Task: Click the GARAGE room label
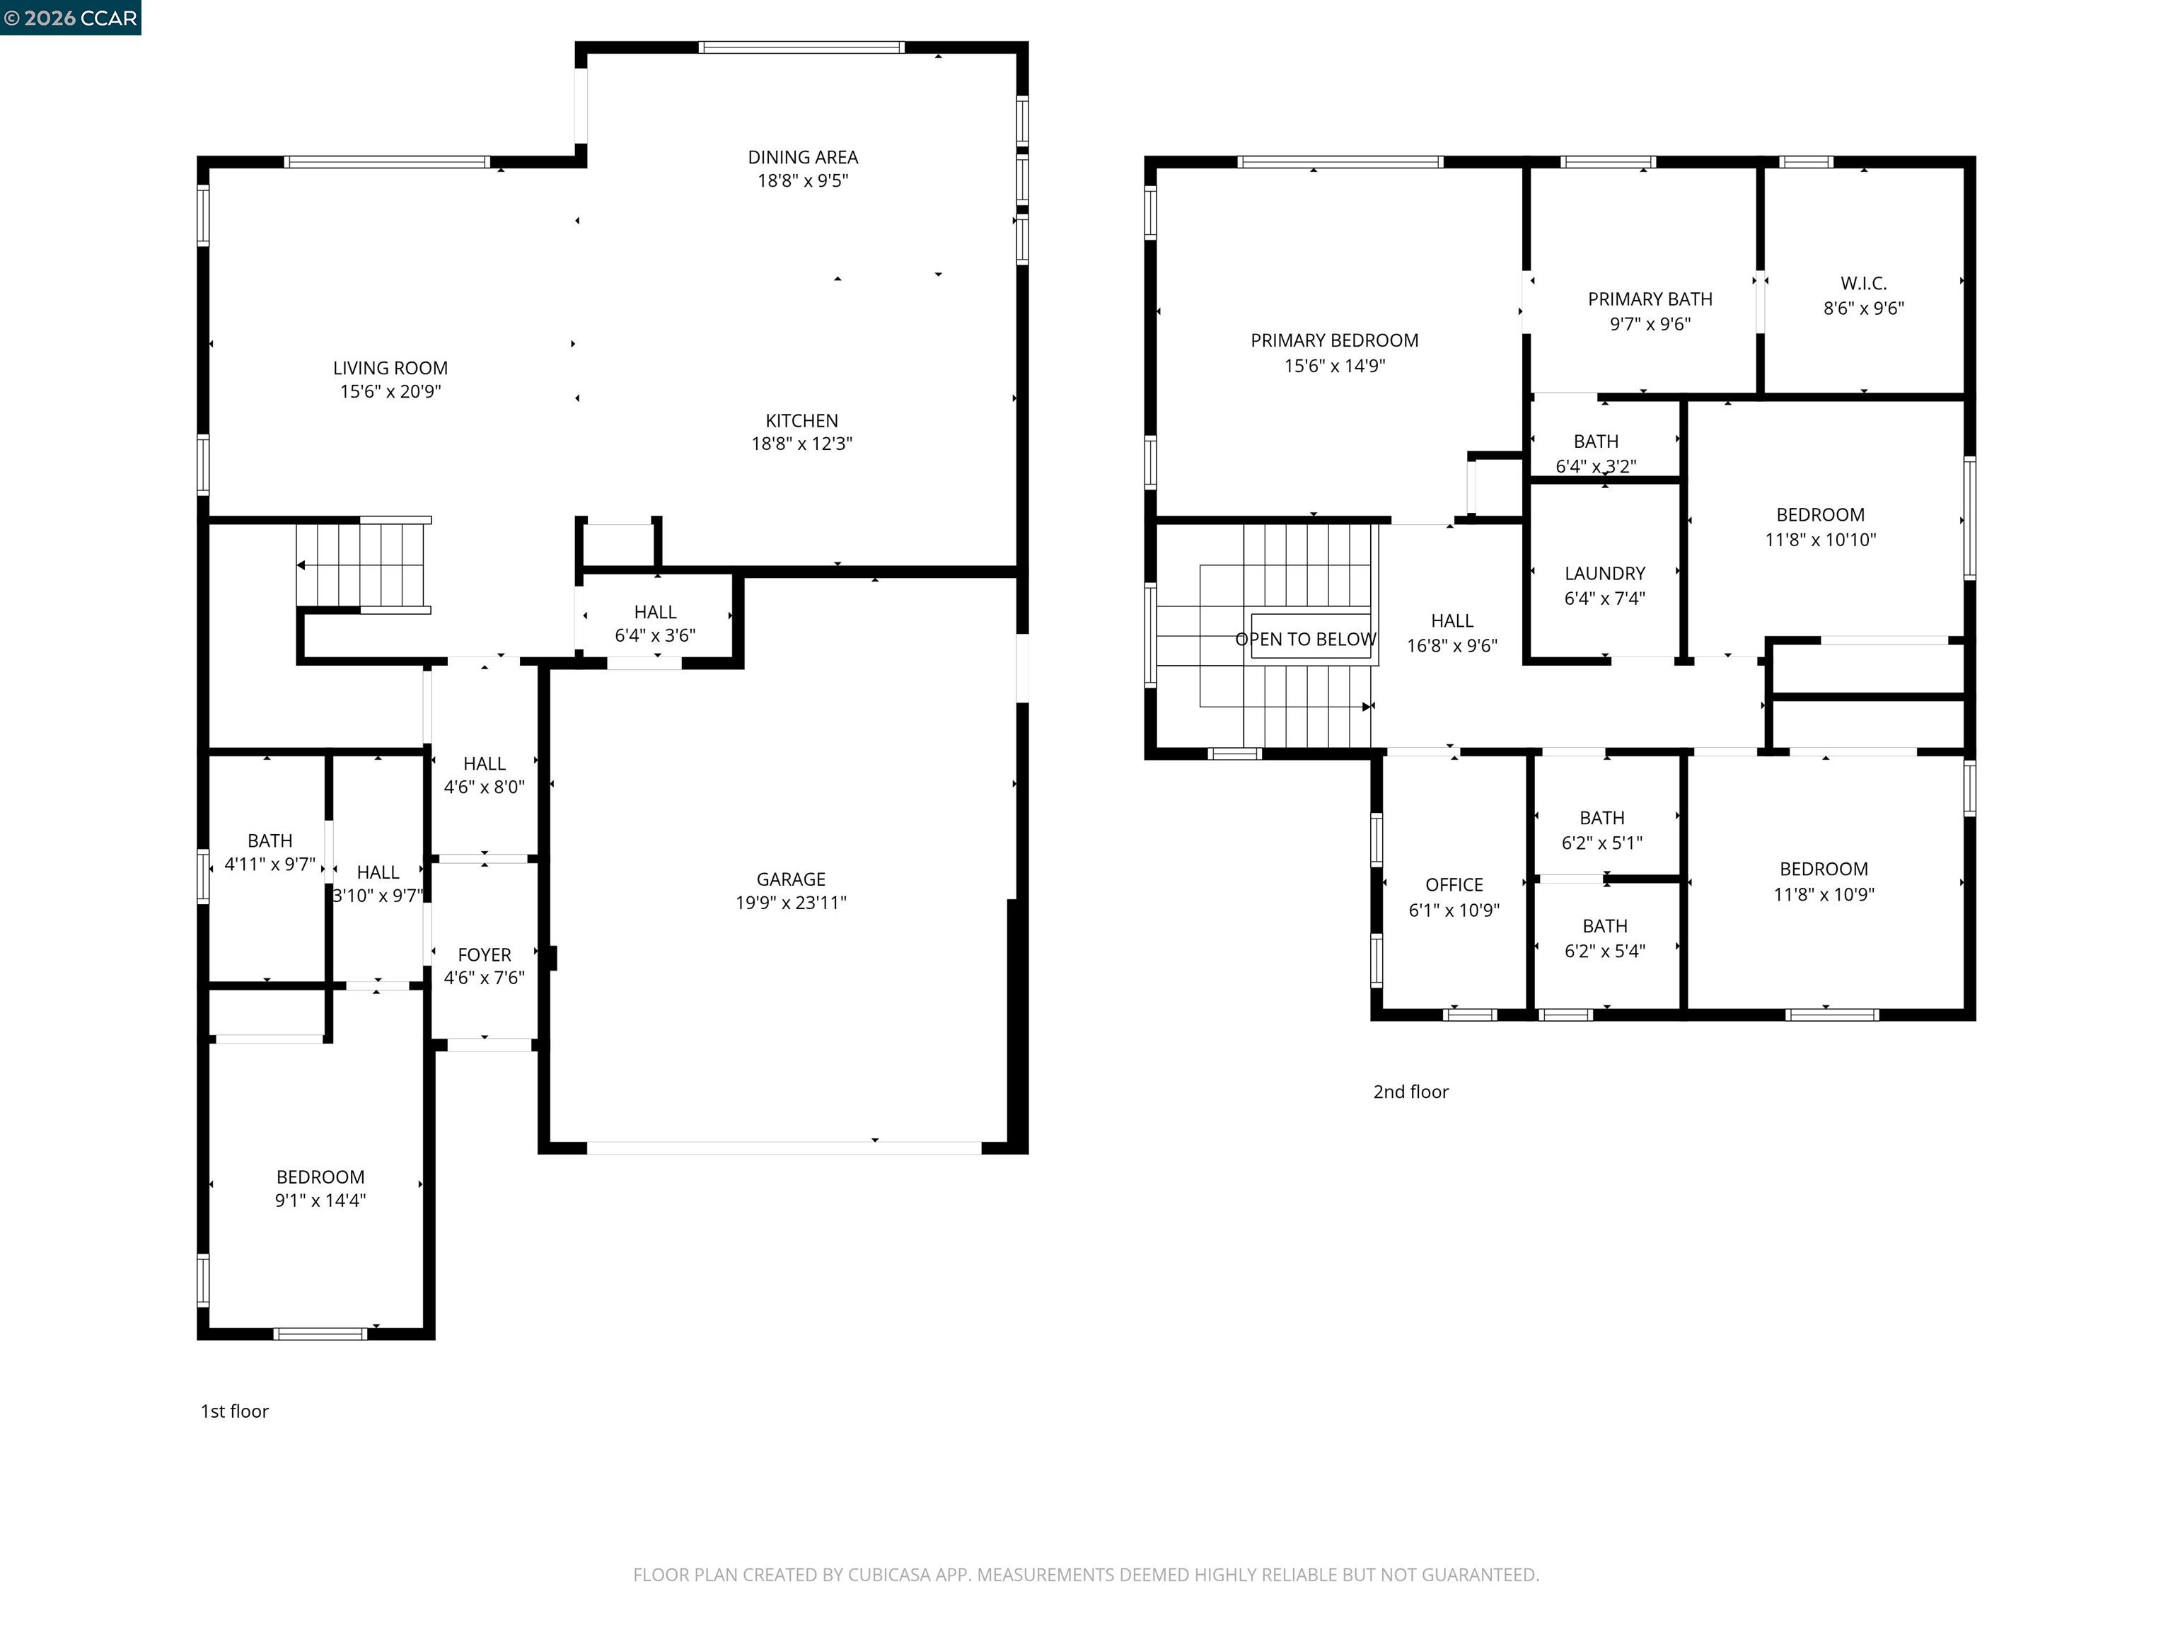[x=790, y=879]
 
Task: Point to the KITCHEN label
[x=801, y=420]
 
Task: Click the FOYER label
[x=485, y=955]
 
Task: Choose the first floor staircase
[x=364, y=565]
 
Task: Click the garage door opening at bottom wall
[x=783, y=1147]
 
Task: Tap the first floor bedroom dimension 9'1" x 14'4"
[x=320, y=1201]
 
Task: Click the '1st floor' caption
[x=235, y=1411]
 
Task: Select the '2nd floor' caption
[x=1410, y=1092]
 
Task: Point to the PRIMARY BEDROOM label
[x=1334, y=341]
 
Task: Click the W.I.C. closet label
[x=1864, y=284]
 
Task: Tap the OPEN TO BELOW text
[x=1306, y=640]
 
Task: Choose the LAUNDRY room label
[x=1604, y=574]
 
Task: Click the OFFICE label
[x=1454, y=885]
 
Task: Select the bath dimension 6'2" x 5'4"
[x=1604, y=951]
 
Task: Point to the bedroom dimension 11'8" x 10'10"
[x=1820, y=539]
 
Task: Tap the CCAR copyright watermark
[x=70, y=18]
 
